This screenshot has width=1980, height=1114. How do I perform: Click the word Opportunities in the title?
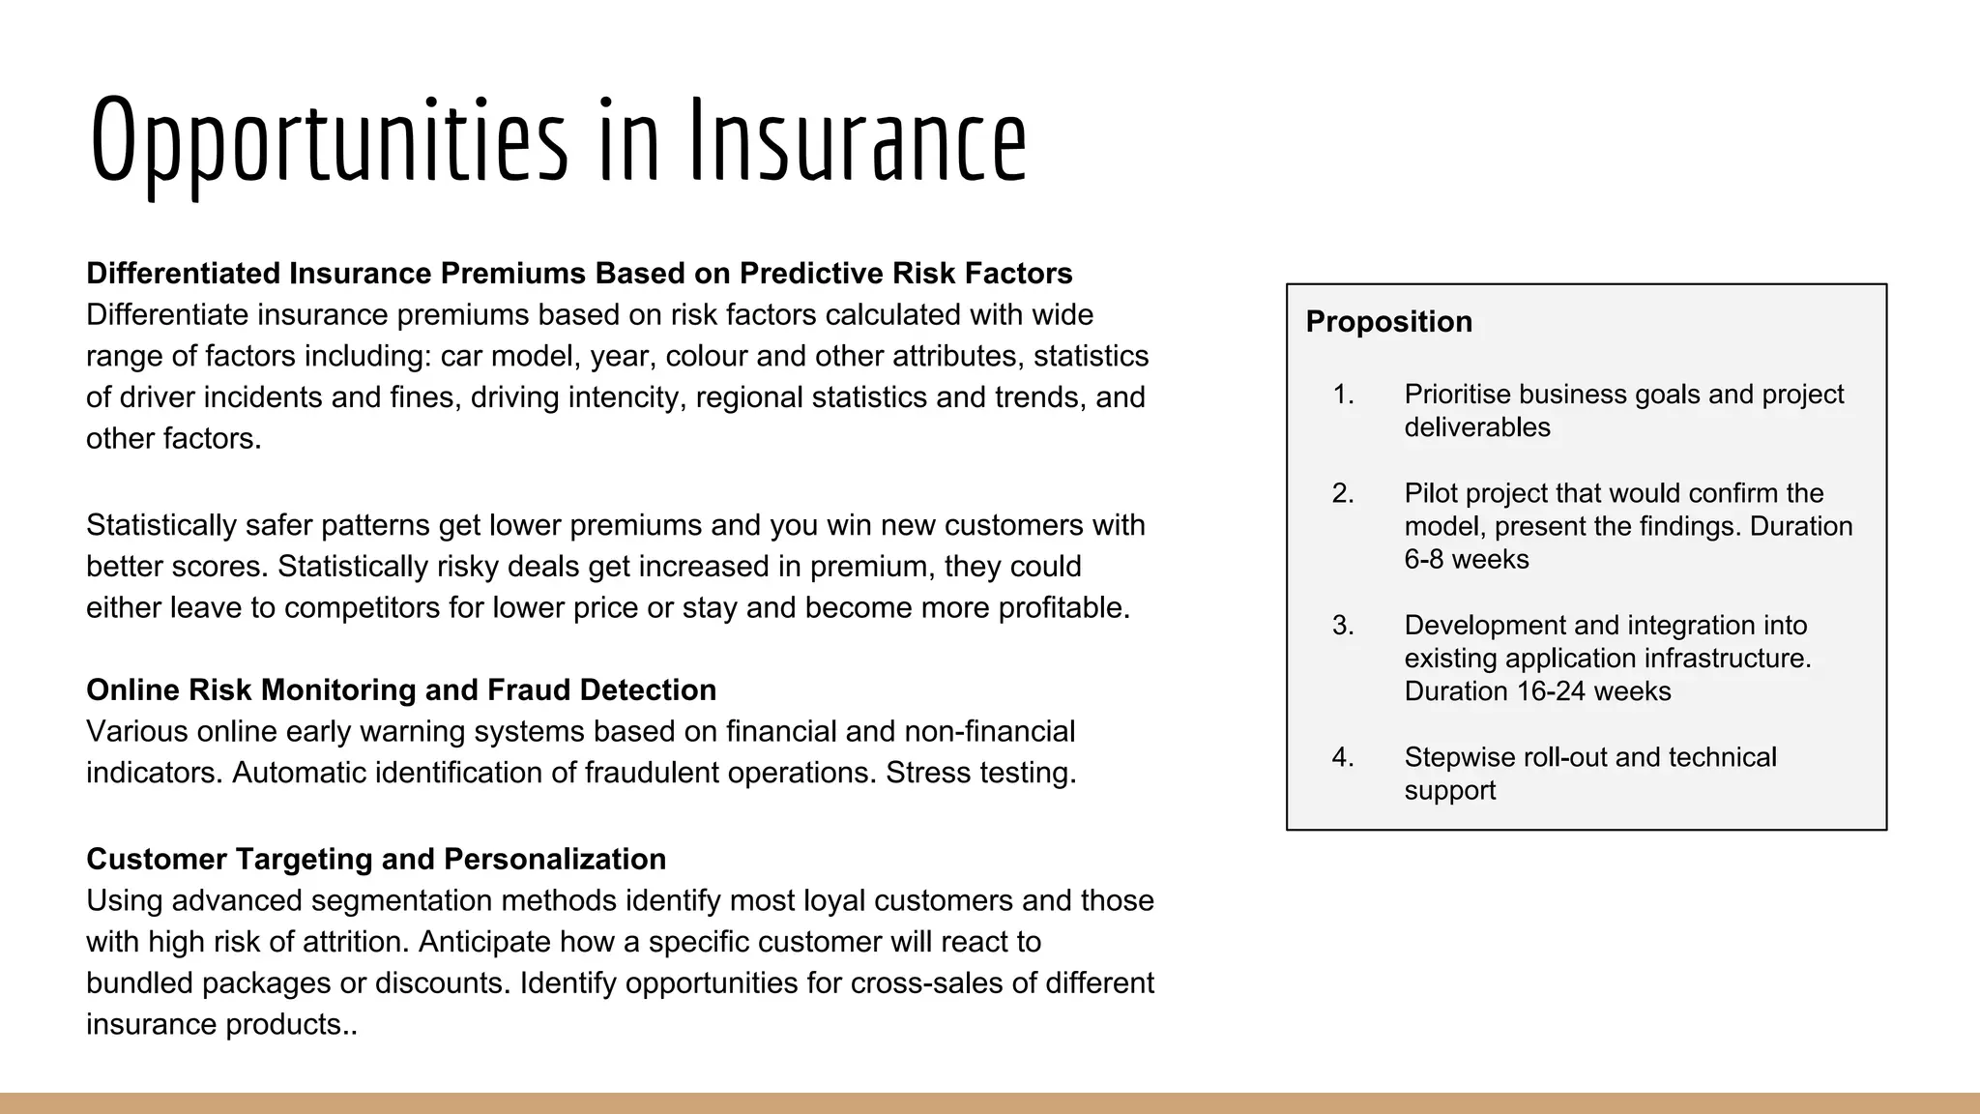[x=329, y=141]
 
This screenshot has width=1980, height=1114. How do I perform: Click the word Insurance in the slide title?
[x=858, y=141]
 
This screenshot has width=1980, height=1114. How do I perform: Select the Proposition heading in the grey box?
[x=1388, y=322]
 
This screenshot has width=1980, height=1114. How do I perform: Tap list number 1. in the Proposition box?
[x=1343, y=395]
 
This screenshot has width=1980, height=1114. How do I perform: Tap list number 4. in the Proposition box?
[x=1343, y=757]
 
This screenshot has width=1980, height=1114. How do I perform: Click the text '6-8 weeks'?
[x=1466, y=560]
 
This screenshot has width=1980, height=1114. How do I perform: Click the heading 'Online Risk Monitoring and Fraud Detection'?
[x=401, y=690]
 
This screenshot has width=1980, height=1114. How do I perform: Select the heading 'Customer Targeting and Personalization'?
[x=376, y=860]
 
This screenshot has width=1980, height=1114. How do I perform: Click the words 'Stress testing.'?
[x=980, y=774]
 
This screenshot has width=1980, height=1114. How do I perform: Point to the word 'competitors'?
[x=366, y=608]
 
